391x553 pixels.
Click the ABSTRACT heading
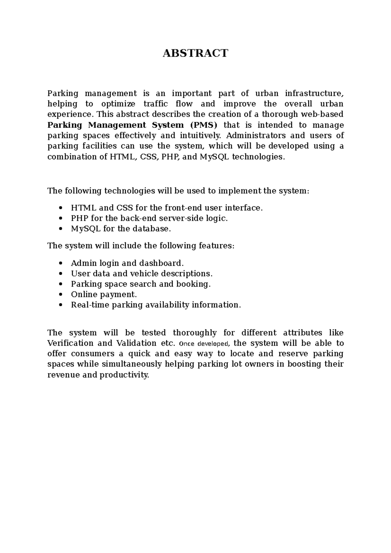tap(195, 53)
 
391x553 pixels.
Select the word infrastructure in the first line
tap(314, 93)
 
